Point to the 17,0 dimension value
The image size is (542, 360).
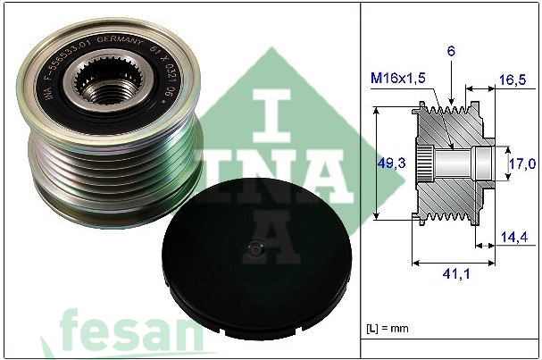pyautogui.click(x=521, y=163)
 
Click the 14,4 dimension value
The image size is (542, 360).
pyautogui.click(x=512, y=238)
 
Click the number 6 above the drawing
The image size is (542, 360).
pyautogui.click(x=453, y=53)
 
